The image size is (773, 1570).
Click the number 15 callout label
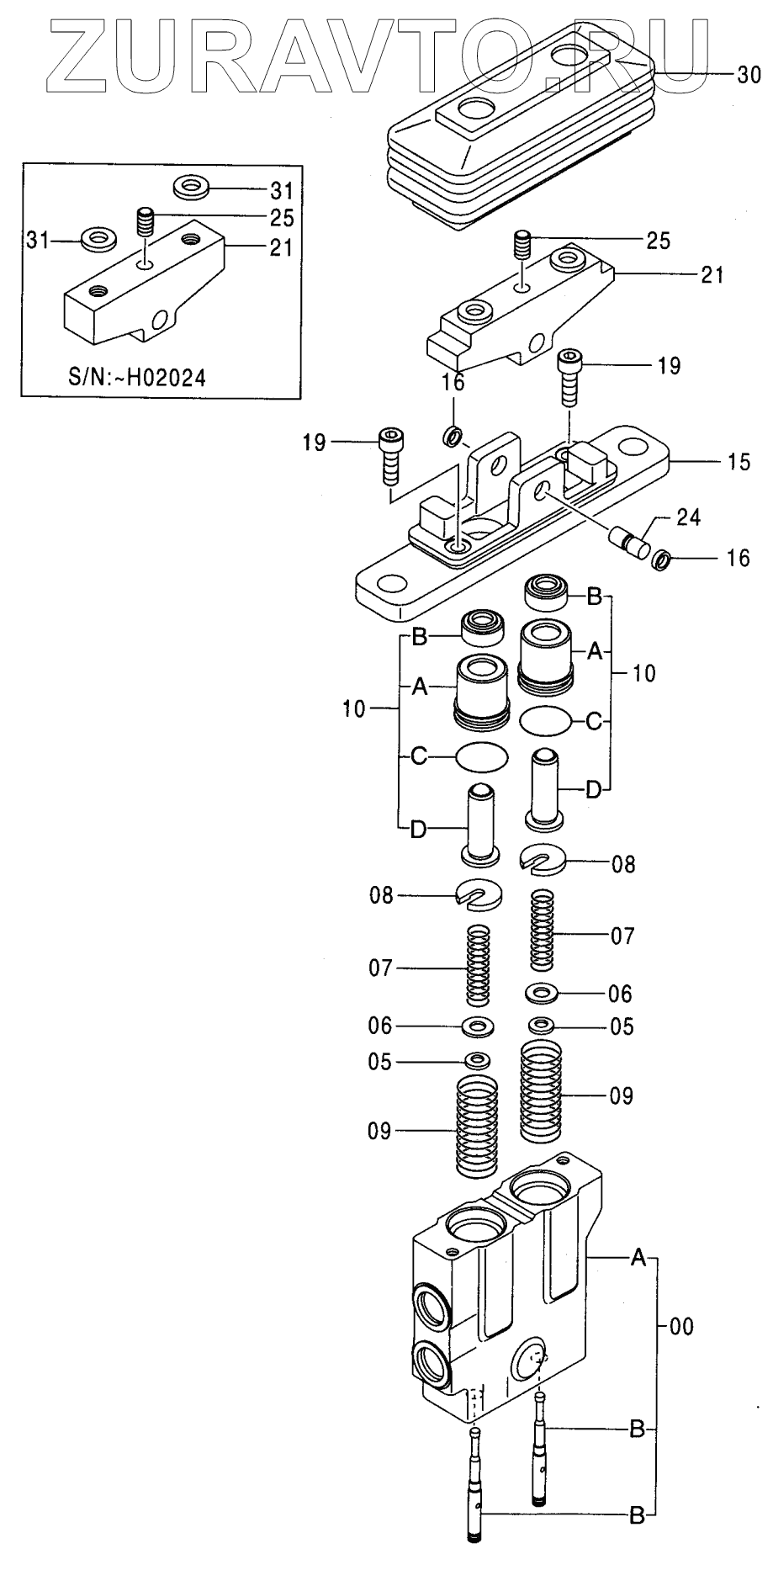pyautogui.click(x=739, y=463)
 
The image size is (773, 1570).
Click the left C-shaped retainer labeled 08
pyautogui.click(x=480, y=896)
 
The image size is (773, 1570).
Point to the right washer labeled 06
pyautogui.click(x=543, y=993)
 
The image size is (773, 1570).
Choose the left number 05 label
pyautogui.click(x=379, y=1062)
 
